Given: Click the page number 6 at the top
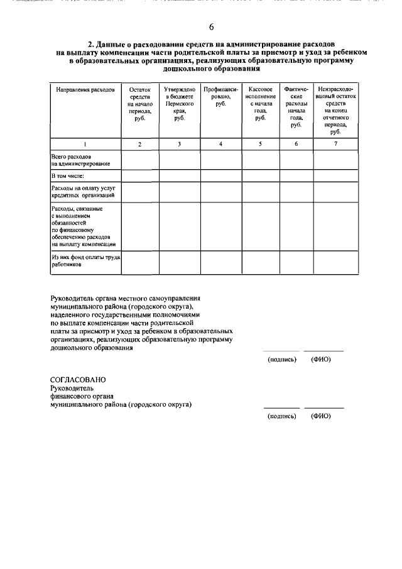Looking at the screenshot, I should click(x=211, y=26).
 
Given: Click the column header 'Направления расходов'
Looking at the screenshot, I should click(x=85, y=91).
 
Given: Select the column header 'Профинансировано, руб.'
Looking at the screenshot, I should click(x=220, y=97).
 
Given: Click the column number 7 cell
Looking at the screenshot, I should click(x=335, y=145).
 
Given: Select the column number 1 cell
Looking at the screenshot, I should click(x=85, y=145).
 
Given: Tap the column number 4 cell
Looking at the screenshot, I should click(x=220, y=145).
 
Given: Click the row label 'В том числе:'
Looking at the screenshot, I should click(x=68, y=177).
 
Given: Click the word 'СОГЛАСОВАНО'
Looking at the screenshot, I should click(x=78, y=380).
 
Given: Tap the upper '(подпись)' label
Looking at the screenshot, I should click(x=281, y=360).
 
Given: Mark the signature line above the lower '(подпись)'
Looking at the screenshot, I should click(x=281, y=408).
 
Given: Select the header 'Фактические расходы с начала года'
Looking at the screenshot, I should click(x=296, y=107).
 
